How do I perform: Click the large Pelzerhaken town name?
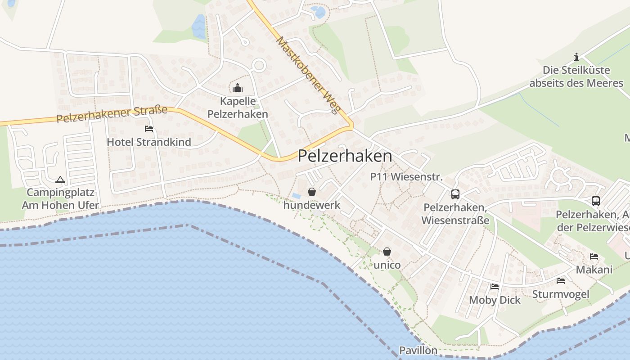point(345,156)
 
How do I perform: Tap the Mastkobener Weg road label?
point(307,75)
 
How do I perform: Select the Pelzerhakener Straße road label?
point(112,114)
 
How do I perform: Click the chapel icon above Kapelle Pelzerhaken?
point(238,88)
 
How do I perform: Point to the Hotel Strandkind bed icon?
point(149,129)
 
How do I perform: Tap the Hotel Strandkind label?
point(149,142)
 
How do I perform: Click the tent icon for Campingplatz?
point(60,180)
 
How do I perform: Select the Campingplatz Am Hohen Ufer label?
point(60,199)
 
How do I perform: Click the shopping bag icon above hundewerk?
point(312,192)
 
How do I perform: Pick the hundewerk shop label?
point(312,205)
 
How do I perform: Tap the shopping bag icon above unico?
point(387,252)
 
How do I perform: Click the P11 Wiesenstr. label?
point(406,177)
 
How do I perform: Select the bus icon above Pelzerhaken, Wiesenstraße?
point(455,194)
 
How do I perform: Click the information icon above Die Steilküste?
point(576,57)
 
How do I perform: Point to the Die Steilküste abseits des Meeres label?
point(576,76)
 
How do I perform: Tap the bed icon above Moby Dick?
point(495,287)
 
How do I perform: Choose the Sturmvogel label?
point(560,294)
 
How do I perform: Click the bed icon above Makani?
point(594,257)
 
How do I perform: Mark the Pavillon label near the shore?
point(418,351)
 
